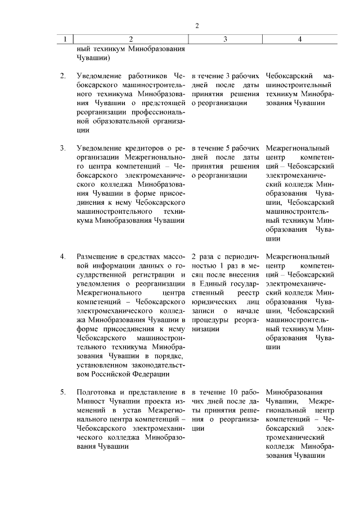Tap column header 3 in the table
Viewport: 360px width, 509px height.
click(225, 39)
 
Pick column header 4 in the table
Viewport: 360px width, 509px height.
click(300, 39)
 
